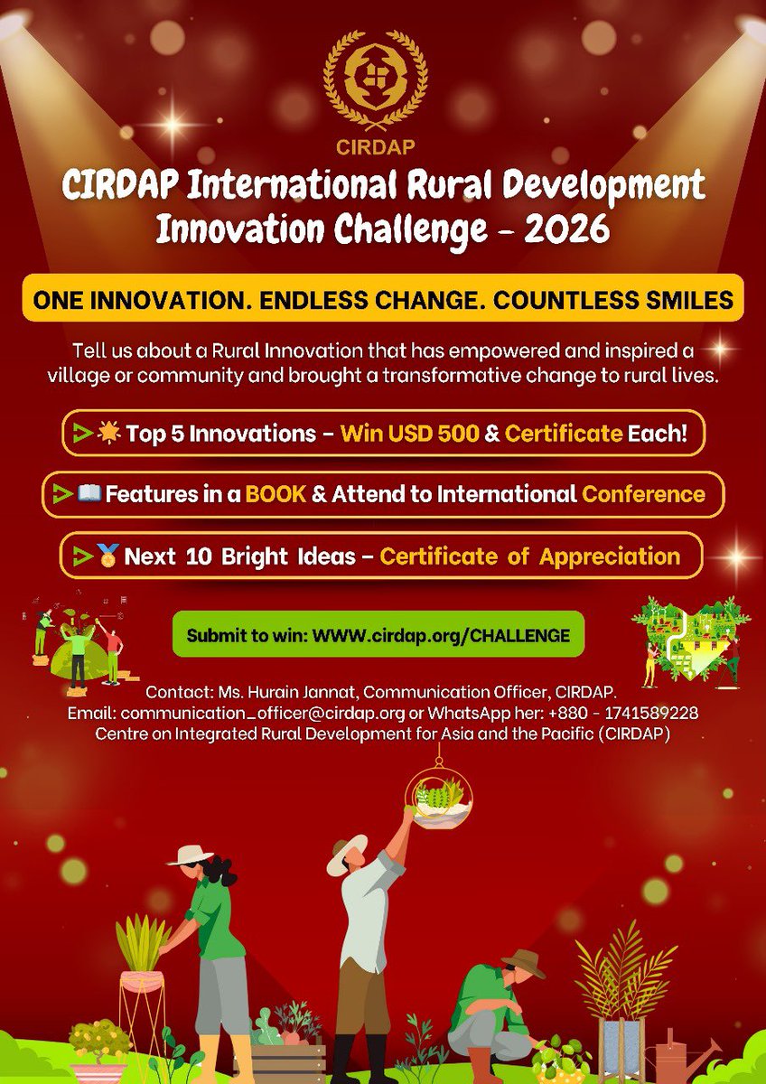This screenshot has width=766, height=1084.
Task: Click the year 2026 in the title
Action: pyautogui.click(x=559, y=229)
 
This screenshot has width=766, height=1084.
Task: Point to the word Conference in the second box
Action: pyautogui.click(x=643, y=494)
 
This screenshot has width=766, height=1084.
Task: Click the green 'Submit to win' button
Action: pyautogui.click(x=378, y=635)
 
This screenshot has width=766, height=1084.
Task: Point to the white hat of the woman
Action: pyautogui.click(x=191, y=854)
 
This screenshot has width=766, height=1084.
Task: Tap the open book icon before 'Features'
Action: pyautogui.click(x=90, y=494)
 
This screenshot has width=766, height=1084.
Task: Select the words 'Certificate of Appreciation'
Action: pyautogui.click(x=529, y=556)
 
